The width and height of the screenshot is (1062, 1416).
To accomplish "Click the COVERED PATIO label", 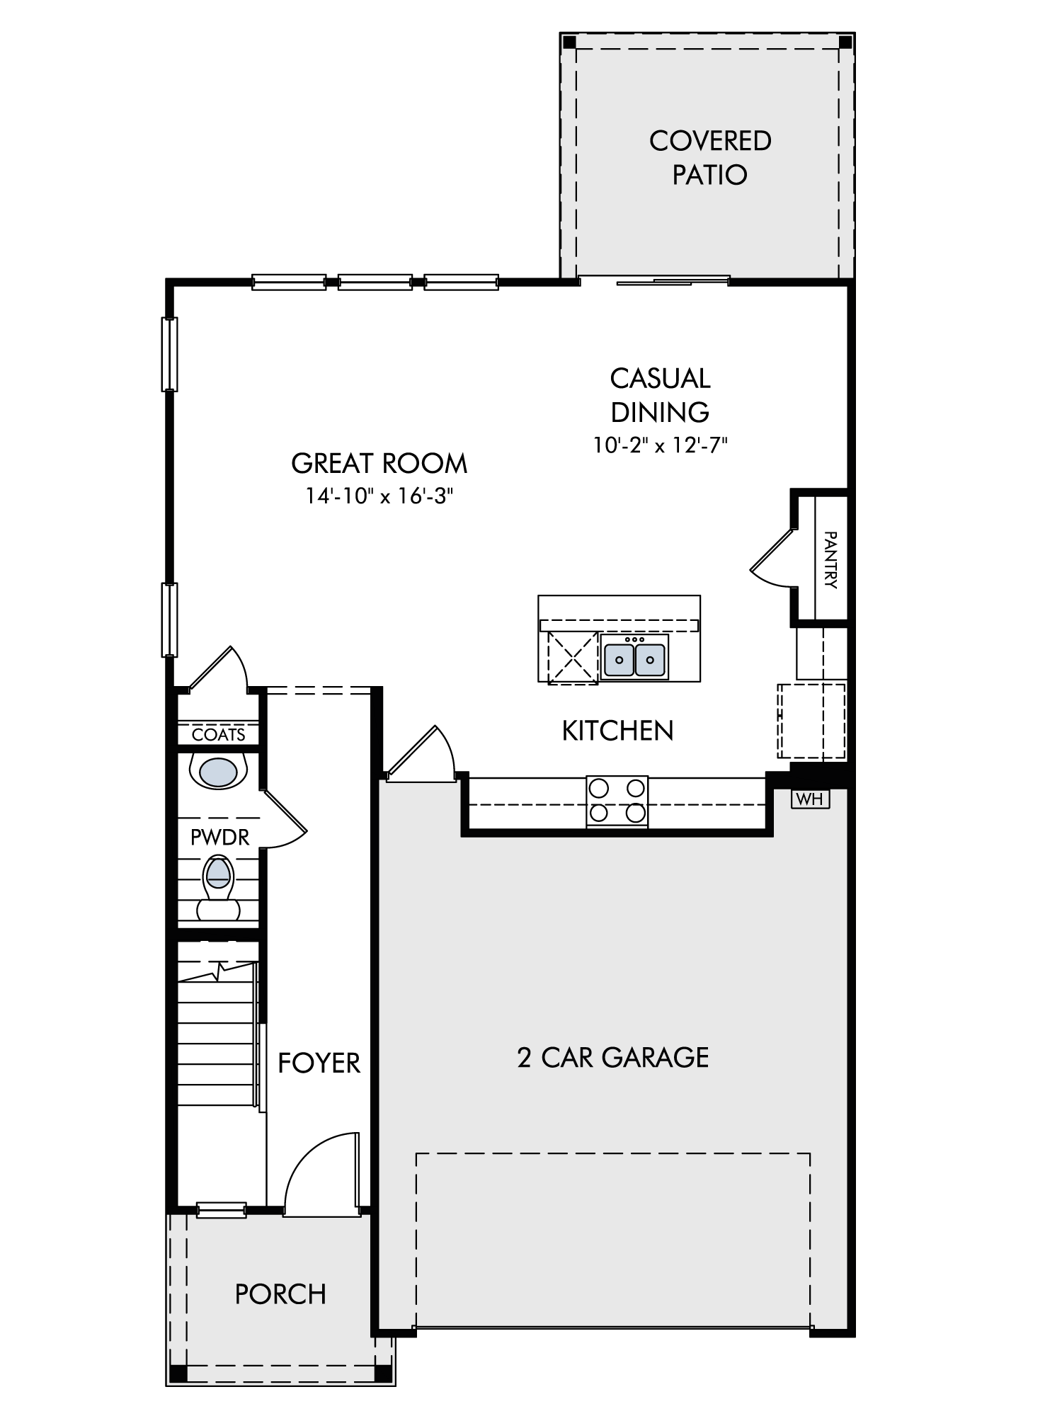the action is (710, 157).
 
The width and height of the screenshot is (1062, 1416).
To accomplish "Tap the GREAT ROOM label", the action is (379, 464).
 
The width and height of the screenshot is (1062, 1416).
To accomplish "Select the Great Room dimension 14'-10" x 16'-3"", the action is (379, 497).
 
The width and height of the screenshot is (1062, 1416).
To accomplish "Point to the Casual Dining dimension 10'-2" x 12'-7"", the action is (661, 445).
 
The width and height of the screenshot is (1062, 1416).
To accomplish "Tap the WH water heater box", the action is (810, 799).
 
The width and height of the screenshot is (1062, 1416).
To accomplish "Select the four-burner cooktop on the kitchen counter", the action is (617, 801).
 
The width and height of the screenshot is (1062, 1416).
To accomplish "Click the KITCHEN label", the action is (617, 731).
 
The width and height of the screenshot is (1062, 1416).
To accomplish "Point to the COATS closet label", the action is (219, 735).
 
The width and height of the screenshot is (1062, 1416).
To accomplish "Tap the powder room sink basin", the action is (218, 772).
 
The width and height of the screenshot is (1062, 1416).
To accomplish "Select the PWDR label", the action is (220, 838).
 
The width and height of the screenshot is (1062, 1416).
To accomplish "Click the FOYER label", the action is (319, 1063).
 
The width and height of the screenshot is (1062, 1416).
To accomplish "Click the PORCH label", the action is (280, 1294).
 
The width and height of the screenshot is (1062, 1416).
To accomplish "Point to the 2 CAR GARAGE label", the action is (613, 1058).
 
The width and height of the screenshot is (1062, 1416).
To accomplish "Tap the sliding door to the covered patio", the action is (655, 281).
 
